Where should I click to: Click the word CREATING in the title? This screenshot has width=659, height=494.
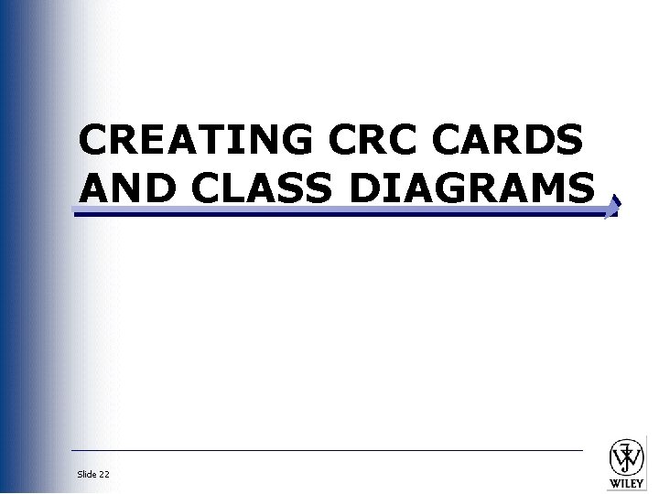(x=195, y=141)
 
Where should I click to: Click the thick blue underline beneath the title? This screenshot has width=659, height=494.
(x=339, y=212)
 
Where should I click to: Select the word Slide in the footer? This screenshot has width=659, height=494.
(x=87, y=474)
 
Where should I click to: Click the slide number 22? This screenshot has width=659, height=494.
(x=104, y=474)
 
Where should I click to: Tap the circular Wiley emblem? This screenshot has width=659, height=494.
(x=627, y=456)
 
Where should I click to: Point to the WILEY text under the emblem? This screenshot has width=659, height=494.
(x=627, y=483)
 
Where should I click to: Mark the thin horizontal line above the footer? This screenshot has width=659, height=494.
(x=327, y=450)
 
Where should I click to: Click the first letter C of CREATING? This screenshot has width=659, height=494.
(x=95, y=141)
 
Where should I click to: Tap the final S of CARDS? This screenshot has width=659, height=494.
(x=568, y=141)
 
